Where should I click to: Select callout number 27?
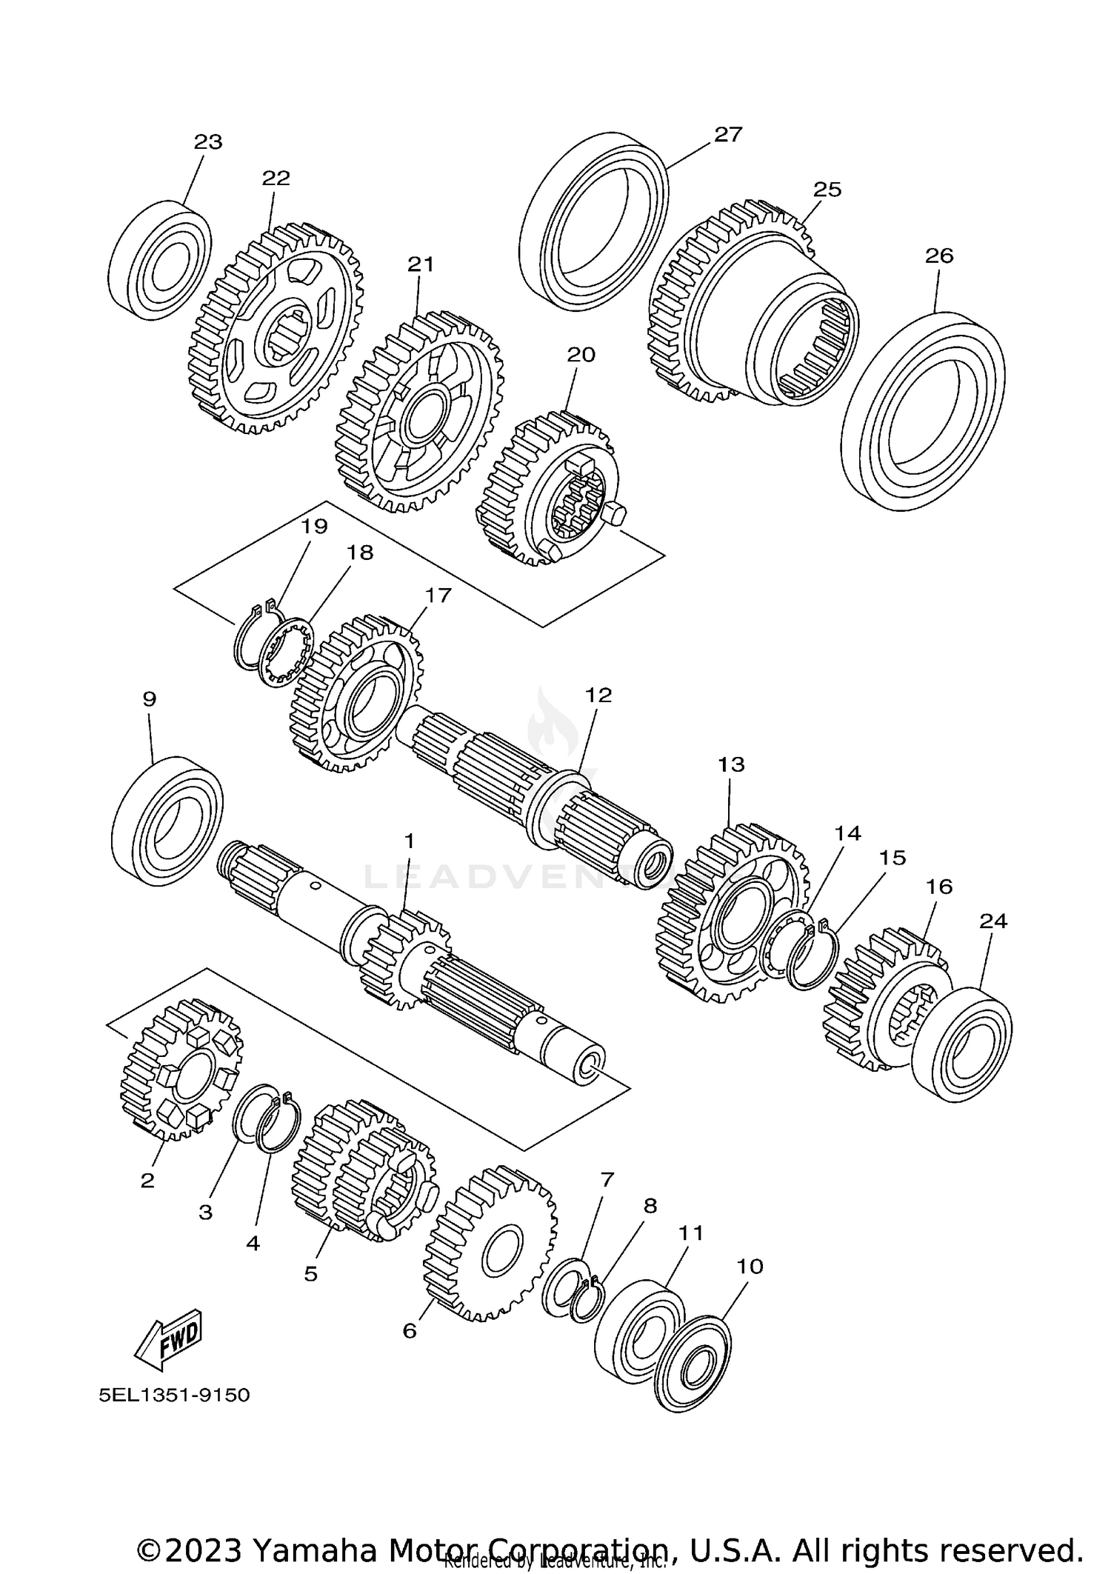(x=728, y=134)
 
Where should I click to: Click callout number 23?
(x=208, y=141)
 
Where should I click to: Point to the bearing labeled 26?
(x=924, y=411)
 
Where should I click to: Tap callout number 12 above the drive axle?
(x=598, y=695)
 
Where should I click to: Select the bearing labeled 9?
(x=167, y=820)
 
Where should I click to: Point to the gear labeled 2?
(x=180, y=1070)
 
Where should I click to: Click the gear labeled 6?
(x=491, y=1253)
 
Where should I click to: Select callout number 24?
(x=993, y=921)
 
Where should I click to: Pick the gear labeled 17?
(x=356, y=693)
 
